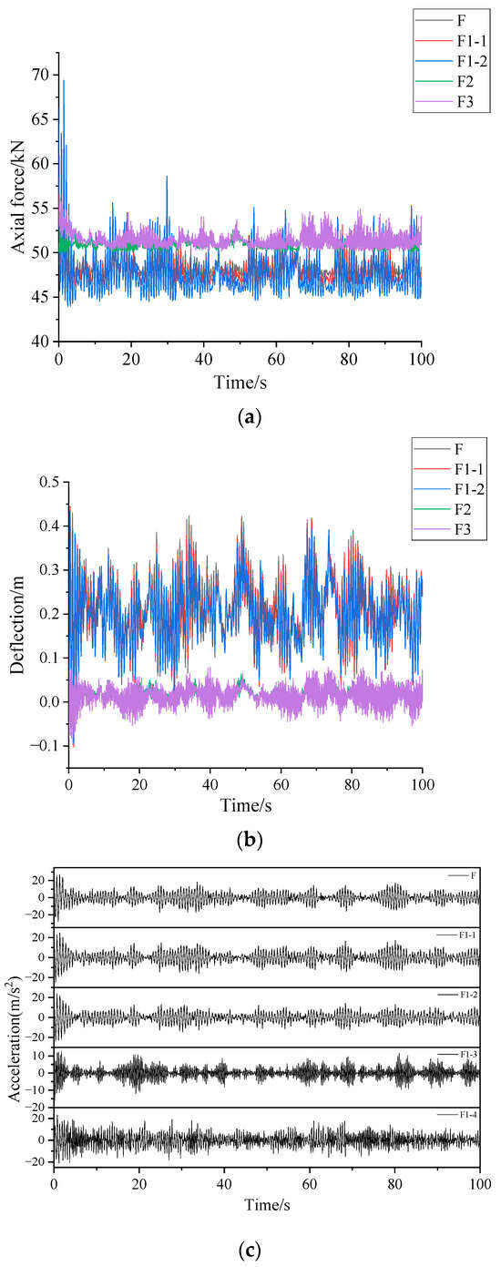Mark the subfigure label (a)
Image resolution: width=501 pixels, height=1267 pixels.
click(x=249, y=417)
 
